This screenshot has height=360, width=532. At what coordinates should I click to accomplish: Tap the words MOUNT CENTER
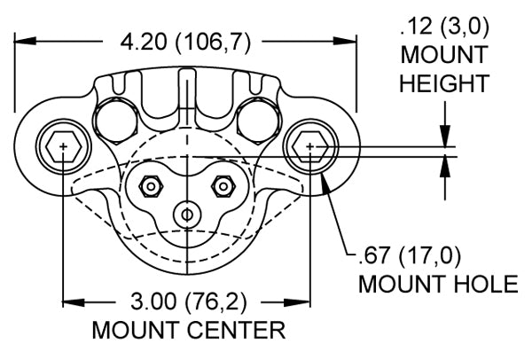[189, 330]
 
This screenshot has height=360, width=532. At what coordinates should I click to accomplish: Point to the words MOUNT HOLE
[438, 284]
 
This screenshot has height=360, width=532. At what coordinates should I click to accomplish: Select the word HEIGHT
[444, 83]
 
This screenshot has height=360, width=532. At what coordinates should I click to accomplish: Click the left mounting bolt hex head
[64, 146]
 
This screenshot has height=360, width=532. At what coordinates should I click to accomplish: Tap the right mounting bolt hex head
[310, 146]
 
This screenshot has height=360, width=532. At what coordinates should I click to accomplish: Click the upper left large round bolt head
[116, 121]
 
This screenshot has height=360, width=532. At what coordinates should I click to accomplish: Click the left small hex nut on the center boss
[152, 186]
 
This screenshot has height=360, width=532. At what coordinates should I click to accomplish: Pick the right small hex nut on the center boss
[223, 186]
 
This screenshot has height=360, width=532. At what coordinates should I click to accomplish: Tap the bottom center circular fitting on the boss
[187, 215]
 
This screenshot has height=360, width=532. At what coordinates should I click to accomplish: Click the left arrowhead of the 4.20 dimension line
[25, 42]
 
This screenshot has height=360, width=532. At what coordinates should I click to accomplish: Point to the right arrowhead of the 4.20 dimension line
[346, 42]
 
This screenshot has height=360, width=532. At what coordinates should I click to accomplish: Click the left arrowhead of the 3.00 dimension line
[74, 302]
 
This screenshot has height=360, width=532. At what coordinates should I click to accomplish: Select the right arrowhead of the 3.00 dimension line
[300, 302]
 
